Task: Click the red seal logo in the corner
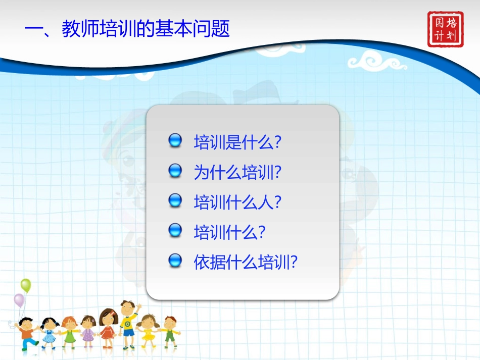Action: [445, 29]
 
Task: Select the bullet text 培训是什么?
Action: [237, 142]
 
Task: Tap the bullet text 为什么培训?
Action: [237, 172]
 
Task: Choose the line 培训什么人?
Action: [237, 202]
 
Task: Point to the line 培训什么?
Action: [229, 232]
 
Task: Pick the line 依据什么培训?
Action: [246, 262]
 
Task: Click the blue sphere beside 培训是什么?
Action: [175, 141]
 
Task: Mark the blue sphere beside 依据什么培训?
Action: [175, 261]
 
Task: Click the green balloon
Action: [26, 285]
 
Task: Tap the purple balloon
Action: [19, 300]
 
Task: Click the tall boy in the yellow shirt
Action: [128, 323]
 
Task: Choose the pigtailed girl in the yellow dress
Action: [148, 331]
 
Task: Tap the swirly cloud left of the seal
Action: [376, 62]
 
